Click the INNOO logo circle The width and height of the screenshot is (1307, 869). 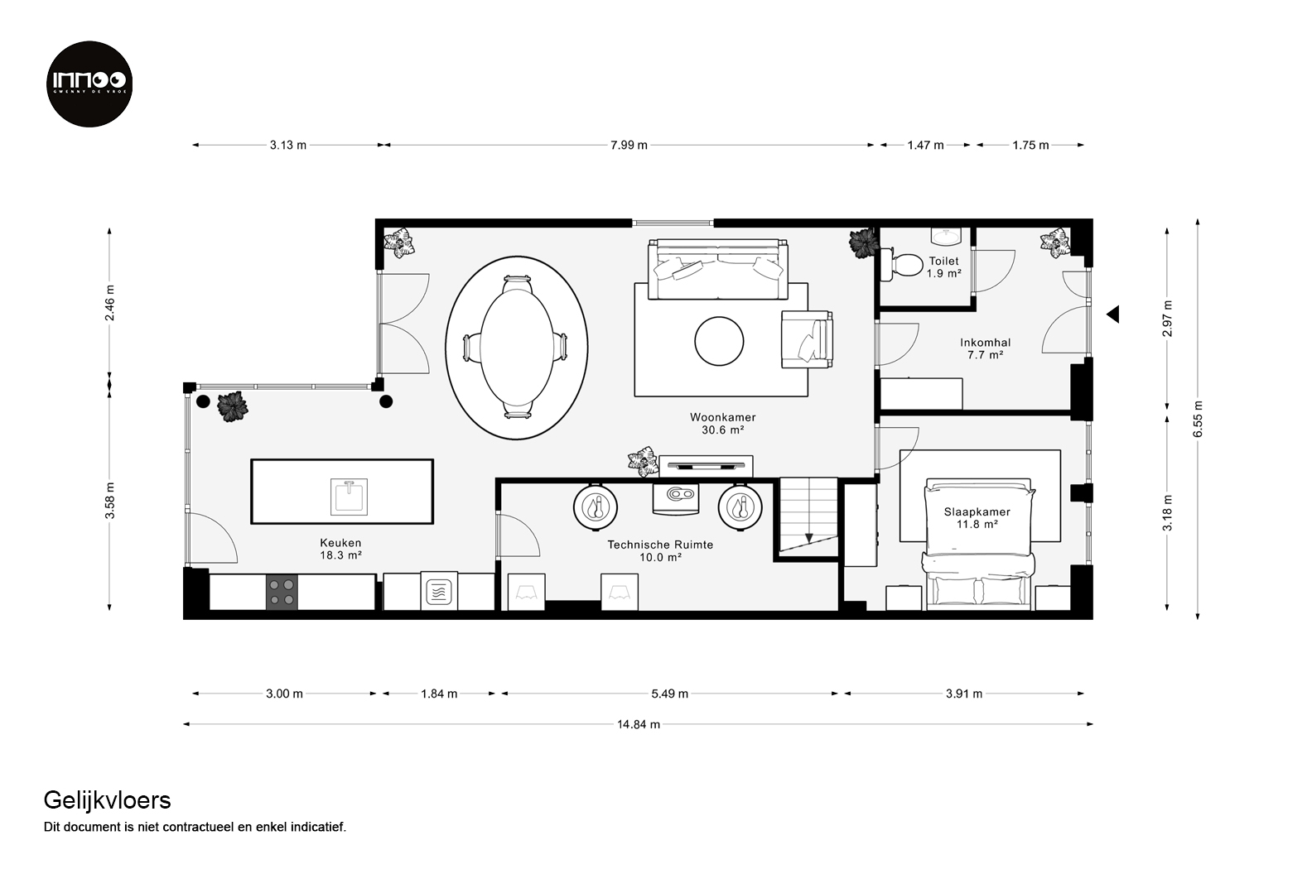click(89, 84)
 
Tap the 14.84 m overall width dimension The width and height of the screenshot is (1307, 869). click(639, 724)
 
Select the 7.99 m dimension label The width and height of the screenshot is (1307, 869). click(629, 145)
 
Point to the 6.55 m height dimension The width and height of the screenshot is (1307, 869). click(1198, 419)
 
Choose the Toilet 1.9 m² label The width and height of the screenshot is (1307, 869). click(944, 266)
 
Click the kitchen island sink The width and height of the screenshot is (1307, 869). click(349, 497)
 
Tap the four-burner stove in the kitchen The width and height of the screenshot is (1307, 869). click(282, 592)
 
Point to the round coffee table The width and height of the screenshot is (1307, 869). click(719, 341)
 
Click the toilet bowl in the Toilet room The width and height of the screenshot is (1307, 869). click(901, 266)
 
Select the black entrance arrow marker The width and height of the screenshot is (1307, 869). click(1113, 314)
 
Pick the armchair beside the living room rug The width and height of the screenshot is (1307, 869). click(807, 339)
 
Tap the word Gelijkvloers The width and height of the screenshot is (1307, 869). click(108, 801)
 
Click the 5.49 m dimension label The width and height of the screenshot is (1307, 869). click(670, 694)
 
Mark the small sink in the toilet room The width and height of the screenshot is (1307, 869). click(946, 236)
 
